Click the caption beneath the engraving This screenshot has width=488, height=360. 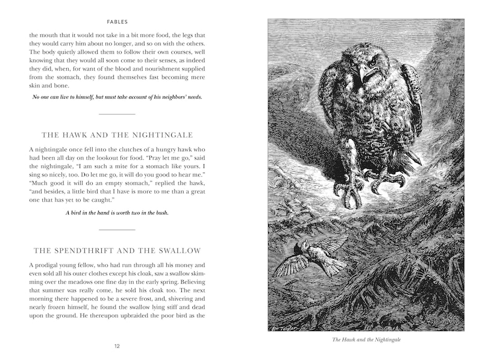point(366,339)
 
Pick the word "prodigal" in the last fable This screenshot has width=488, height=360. point(51,266)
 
